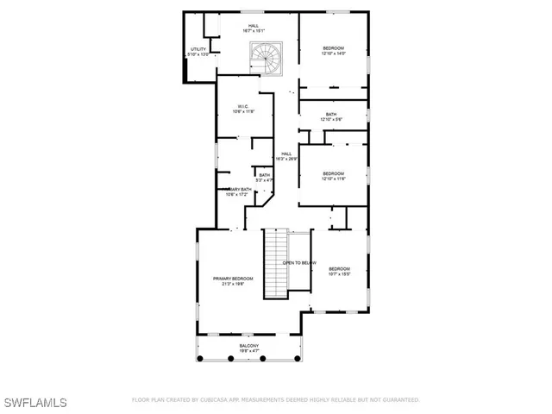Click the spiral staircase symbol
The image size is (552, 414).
(x=264, y=59)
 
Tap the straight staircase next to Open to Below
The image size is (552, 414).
(x=274, y=264)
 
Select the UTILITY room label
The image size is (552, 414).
(x=198, y=50)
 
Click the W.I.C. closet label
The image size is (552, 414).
(x=243, y=107)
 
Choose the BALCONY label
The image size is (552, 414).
(x=248, y=346)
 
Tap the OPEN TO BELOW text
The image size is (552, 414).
(x=300, y=262)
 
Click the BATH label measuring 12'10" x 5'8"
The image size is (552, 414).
(x=331, y=115)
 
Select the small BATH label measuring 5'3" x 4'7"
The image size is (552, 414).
(x=265, y=175)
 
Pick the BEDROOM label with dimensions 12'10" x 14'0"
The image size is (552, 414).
(x=334, y=47)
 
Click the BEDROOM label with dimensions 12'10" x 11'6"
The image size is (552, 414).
(x=334, y=173)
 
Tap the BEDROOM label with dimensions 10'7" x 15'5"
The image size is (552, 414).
(x=339, y=268)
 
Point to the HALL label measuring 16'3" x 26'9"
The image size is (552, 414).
(x=286, y=154)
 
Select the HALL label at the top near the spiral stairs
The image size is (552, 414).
(x=254, y=26)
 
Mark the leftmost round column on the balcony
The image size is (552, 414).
(x=199, y=358)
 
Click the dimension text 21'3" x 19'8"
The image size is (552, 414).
(x=233, y=283)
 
